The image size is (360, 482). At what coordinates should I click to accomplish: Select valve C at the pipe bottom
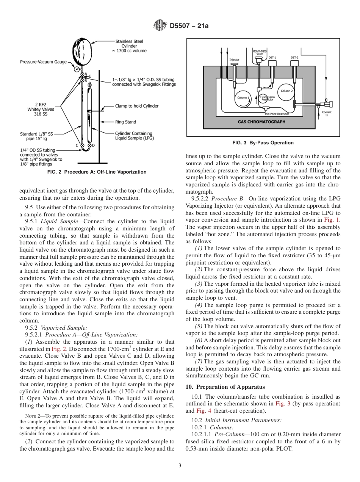pyautogui.click(x=82, y=145)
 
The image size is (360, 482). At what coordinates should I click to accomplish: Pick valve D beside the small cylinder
pyautogui.click(x=89, y=145)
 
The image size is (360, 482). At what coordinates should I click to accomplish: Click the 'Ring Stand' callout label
pyautogui.click(x=125, y=122)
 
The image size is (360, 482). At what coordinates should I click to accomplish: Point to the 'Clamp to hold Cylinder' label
pyautogui.click(x=136, y=106)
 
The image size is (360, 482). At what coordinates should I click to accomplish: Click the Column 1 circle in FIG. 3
pyautogui.click(x=243, y=98)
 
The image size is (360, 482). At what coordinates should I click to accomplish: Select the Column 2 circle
pyautogui.click(x=286, y=91)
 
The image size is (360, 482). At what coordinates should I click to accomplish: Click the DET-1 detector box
pyautogui.click(x=272, y=62)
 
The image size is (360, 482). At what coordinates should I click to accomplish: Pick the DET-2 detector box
pyautogui.click(x=294, y=62)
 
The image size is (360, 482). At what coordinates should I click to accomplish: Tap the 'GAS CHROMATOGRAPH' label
pyautogui.click(x=262, y=122)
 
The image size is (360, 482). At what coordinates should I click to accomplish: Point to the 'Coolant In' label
pyautogui.click(x=327, y=113)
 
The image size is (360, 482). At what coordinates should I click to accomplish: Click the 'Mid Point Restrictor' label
pyautogui.click(x=277, y=114)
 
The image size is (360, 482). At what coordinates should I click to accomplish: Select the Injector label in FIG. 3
pyautogui.click(x=234, y=60)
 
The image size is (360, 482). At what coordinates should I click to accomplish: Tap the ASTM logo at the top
pyautogui.click(x=159, y=26)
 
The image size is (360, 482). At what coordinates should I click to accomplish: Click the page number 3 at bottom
pyautogui.click(x=180, y=465)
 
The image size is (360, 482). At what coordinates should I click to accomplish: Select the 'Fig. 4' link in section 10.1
pyautogui.click(x=201, y=411)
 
